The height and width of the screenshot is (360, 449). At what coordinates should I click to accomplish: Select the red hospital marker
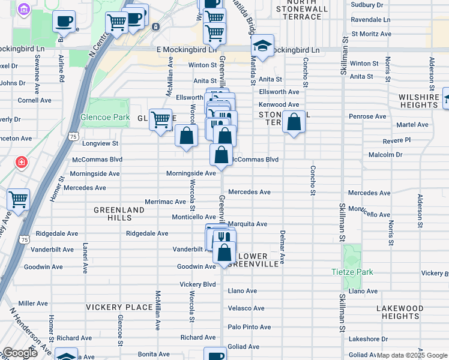22,162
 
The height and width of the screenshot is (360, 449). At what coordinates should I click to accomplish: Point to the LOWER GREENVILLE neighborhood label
256,260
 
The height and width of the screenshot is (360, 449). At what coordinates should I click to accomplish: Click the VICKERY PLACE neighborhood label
119,307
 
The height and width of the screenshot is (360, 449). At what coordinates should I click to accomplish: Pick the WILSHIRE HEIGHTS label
418,101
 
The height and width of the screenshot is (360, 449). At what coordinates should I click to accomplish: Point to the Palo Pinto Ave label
249,327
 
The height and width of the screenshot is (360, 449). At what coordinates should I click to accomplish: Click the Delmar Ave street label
282,247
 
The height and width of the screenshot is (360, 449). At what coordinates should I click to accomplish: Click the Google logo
20,353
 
